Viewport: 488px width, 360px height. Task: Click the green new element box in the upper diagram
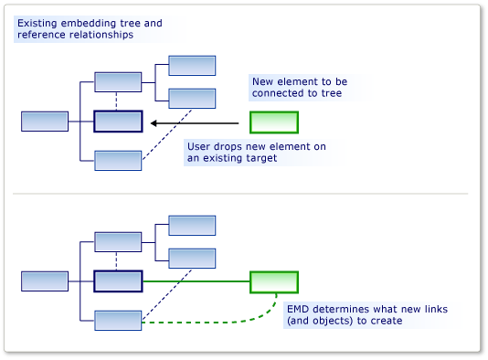(274, 122)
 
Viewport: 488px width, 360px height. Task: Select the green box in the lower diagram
(274, 281)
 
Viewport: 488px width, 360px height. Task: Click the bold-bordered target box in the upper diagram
(118, 122)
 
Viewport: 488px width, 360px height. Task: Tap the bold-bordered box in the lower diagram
(118, 281)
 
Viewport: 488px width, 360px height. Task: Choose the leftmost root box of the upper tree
(45, 122)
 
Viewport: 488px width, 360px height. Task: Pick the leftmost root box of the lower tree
(45, 281)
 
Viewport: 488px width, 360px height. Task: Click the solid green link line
(196, 281)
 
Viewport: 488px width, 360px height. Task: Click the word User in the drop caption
(200, 146)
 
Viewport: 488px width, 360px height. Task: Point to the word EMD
(299, 309)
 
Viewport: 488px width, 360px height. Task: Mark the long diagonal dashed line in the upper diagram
(167, 133)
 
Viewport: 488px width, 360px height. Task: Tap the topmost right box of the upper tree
(192, 65)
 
